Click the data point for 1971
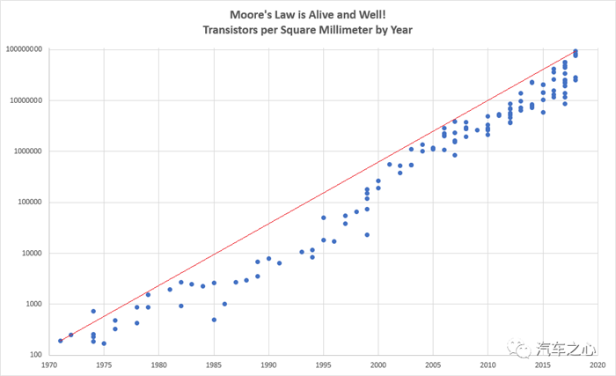pyautogui.click(x=60, y=340)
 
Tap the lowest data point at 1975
pyautogui.click(x=104, y=343)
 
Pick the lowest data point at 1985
pyautogui.click(x=214, y=320)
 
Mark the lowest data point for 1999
pyautogui.click(x=367, y=235)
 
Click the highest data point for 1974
pyautogui.click(x=93, y=311)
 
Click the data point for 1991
pyautogui.click(x=280, y=262)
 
